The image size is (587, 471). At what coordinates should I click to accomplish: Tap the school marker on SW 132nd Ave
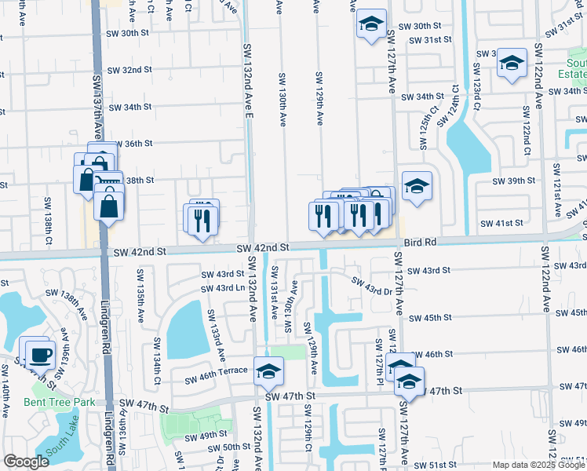tap(268, 371)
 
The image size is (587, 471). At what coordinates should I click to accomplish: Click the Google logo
tap(26, 462)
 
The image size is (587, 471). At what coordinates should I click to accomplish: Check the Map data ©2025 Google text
tap(538, 464)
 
